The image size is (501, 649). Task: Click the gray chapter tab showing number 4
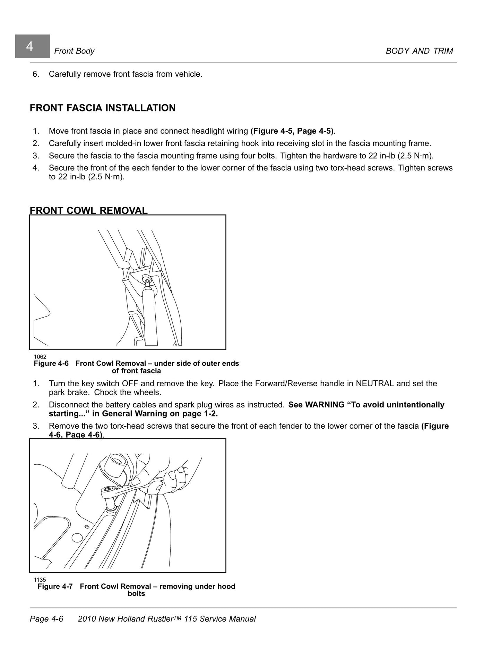pos(32,46)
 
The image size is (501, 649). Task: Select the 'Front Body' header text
pos(74,51)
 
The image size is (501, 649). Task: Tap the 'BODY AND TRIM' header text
pos(419,51)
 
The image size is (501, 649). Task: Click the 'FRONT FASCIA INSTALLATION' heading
pos(103,108)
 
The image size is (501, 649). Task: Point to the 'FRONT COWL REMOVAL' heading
pos(89,210)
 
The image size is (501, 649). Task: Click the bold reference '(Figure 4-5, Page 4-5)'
pos(292,131)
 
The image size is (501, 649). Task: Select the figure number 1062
pos(40,356)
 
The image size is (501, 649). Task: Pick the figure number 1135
pos(40,580)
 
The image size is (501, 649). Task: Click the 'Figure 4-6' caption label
pos(51,363)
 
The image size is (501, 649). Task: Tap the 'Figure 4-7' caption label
pos(55,586)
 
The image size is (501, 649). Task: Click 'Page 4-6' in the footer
pos(46,619)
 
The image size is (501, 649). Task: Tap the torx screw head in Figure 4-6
pos(146,278)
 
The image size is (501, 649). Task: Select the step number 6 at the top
pos(36,74)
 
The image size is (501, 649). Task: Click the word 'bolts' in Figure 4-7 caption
pos(136,593)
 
